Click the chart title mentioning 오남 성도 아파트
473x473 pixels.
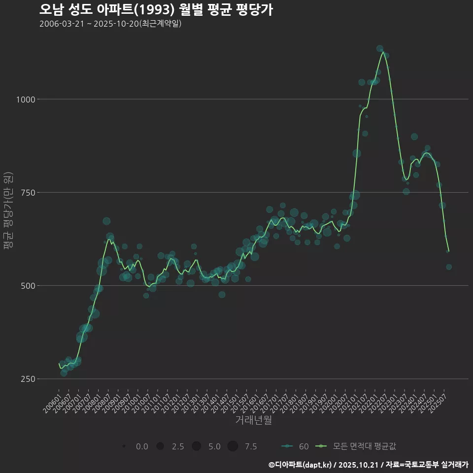point(156,10)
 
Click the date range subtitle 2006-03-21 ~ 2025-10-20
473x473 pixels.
point(110,24)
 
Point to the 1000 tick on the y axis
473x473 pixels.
point(25,100)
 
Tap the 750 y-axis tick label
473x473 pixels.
point(28,193)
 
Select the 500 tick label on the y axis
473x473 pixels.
point(28,286)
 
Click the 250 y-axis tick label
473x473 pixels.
point(28,379)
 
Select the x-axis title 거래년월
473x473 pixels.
point(254,420)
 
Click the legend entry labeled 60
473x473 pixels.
point(304,446)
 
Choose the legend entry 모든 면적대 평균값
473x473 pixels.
point(364,446)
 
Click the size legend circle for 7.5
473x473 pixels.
point(233,446)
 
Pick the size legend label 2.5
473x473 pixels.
point(178,447)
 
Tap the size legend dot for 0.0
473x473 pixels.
point(124,446)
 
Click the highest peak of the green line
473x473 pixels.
point(382,52)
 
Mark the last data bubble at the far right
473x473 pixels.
point(449,267)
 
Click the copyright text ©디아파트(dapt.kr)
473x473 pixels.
point(301,465)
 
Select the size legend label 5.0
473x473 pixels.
point(214,447)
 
